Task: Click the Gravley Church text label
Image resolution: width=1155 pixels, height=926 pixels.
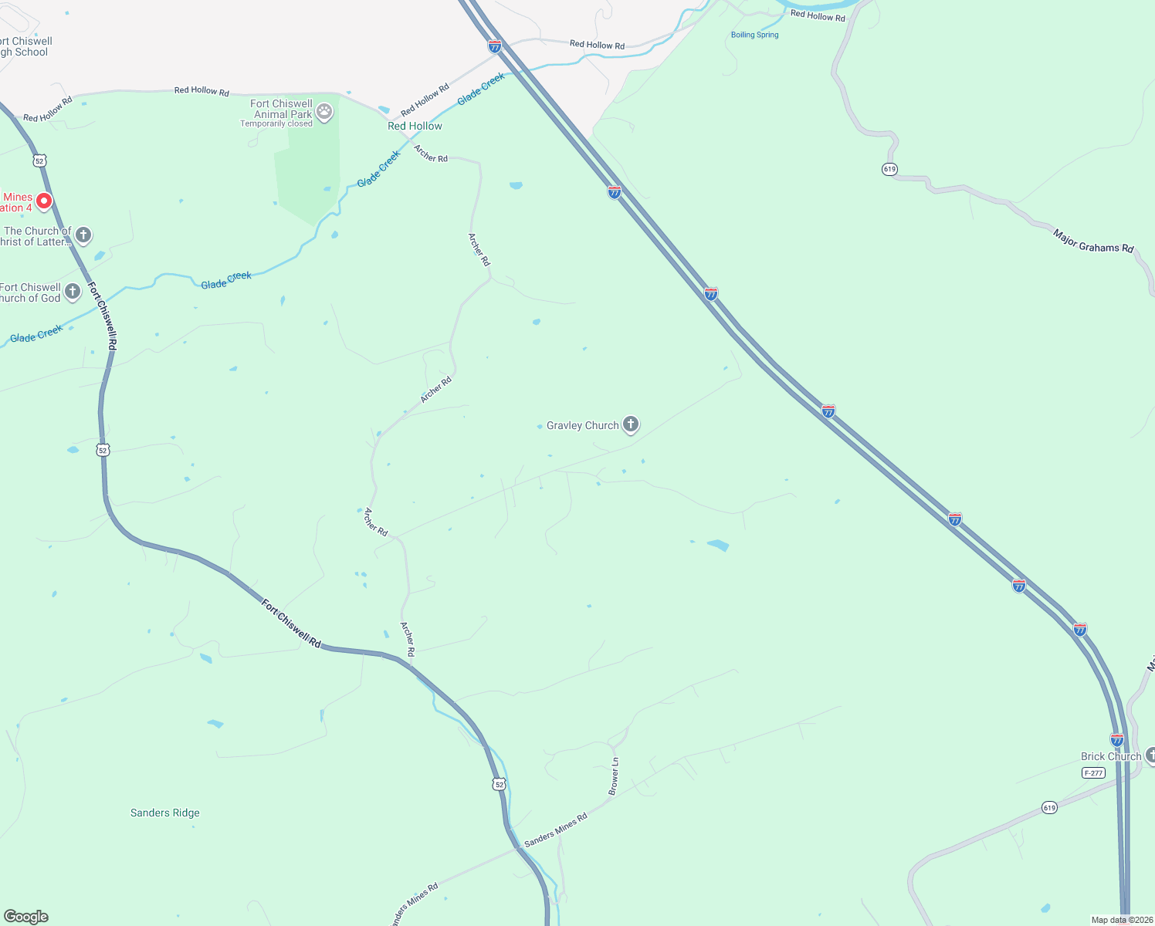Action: pyautogui.click(x=582, y=425)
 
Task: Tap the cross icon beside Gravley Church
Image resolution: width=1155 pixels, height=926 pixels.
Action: pyautogui.click(x=631, y=424)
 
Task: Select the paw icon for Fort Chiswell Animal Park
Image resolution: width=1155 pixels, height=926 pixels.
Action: pyautogui.click(x=325, y=112)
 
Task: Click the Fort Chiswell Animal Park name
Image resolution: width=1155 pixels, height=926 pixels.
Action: pyautogui.click(x=281, y=109)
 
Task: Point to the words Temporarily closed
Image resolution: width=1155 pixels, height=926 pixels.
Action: pyautogui.click(x=276, y=123)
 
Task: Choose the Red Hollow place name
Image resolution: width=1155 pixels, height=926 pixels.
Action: pyautogui.click(x=415, y=126)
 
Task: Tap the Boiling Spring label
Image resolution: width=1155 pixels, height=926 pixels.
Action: pyautogui.click(x=754, y=35)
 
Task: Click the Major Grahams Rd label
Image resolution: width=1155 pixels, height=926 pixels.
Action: pyautogui.click(x=1093, y=241)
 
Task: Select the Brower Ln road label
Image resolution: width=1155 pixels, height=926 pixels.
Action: pyautogui.click(x=614, y=776)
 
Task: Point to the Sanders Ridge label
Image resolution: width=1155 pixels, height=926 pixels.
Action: pyautogui.click(x=164, y=813)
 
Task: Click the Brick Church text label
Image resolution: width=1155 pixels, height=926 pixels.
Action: pyautogui.click(x=1110, y=756)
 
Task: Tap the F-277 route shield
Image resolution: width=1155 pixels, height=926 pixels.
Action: pyautogui.click(x=1093, y=773)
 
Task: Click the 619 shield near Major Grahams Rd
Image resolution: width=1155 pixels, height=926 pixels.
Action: pyautogui.click(x=889, y=169)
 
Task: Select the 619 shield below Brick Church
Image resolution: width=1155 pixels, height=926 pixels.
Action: pyautogui.click(x=1048, y=808)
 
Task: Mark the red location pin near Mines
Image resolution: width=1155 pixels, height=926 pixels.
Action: pyautogui.click(x=44, y=201)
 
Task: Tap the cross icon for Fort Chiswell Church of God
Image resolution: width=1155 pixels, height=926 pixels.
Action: pyautogui.click(x=73, y=292)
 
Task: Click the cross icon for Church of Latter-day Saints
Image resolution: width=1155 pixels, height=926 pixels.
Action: pyautogui.click(x=83, y=235)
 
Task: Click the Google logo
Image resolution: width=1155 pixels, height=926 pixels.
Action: pyautogui.click(x=26, y=917)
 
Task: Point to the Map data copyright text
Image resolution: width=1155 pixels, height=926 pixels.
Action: pyautogui.click(x=1121, y=920)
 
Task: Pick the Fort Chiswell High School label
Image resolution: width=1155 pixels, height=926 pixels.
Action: pyautogui.click(x=24, y=47)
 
